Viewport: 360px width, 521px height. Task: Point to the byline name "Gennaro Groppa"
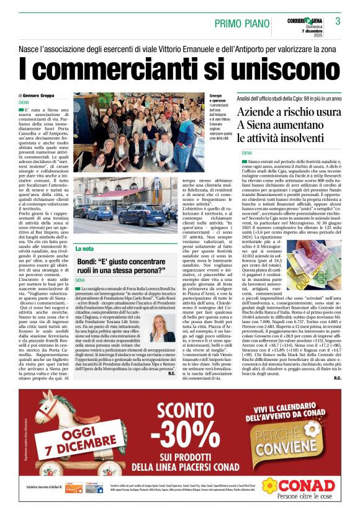pos(55,95)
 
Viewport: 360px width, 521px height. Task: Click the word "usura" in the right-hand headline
pos(323,113)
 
